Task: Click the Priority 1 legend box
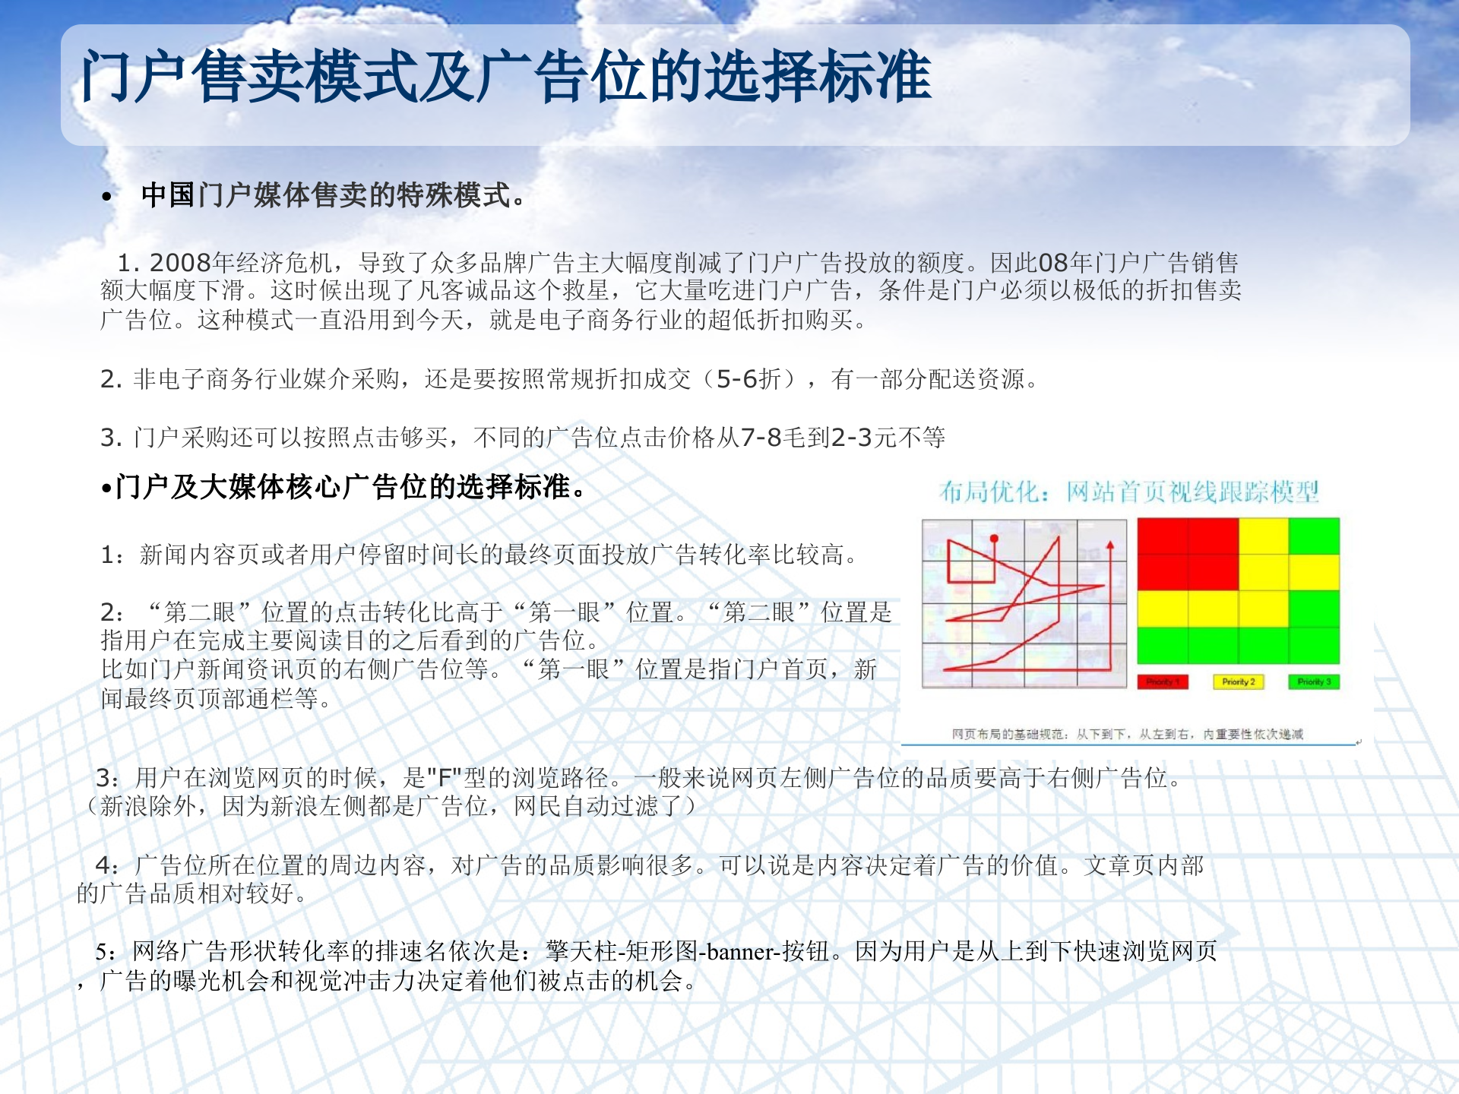pos(1163,681)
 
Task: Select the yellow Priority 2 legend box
pos(1238,681)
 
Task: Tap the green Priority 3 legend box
pos(1314,681)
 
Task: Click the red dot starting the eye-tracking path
pos(994,539)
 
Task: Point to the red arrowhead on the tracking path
pos(1110,545)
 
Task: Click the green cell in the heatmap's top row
pos(1314,536)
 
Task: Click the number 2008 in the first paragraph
pos(180,263)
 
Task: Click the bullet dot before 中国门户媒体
pos(107,198)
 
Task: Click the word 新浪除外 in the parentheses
pos(148,806)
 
